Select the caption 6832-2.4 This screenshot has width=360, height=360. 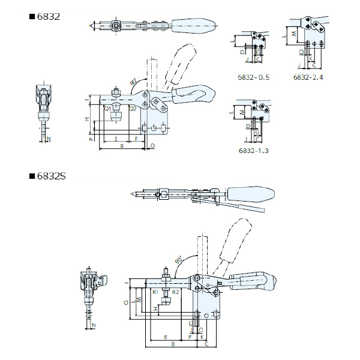[x=308, y=77]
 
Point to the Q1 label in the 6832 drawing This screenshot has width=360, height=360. [x=107, y=109]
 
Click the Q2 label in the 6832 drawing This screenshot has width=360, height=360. [x=132, y=109]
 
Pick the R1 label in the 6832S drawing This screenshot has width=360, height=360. [x=155, y=291]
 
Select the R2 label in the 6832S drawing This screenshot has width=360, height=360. [x=175, y=291]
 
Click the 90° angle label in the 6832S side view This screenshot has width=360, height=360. [x=178, y=261]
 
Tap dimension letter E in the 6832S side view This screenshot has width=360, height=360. [x=164, y=338]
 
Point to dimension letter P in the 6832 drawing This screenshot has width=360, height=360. [x=90, y=139]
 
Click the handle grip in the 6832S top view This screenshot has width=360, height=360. [x=251, y=194]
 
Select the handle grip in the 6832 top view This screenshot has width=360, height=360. [x=191, y=26]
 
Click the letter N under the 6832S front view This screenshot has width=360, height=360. [x=93, y=325]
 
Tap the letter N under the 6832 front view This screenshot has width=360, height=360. [x=49, y=139]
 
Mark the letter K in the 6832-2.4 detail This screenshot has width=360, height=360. [x=311, y=59]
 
